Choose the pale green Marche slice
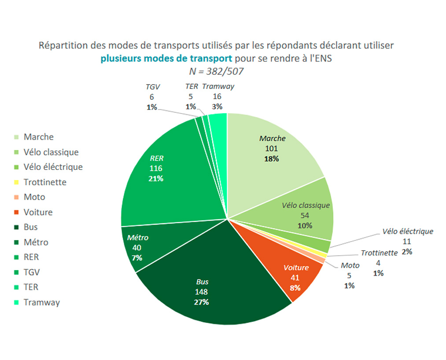(x=273, y=150)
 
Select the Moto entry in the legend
(x=34, y=197)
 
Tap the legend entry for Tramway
(x=41, y=302)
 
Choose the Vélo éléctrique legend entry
(x=53, y=167)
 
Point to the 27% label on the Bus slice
(x=202, y=302)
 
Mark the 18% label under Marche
(x=272, y=159)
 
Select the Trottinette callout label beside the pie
(x=379, y=253)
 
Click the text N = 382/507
(x=216, y=70)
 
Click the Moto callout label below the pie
(x=350, y=265)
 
